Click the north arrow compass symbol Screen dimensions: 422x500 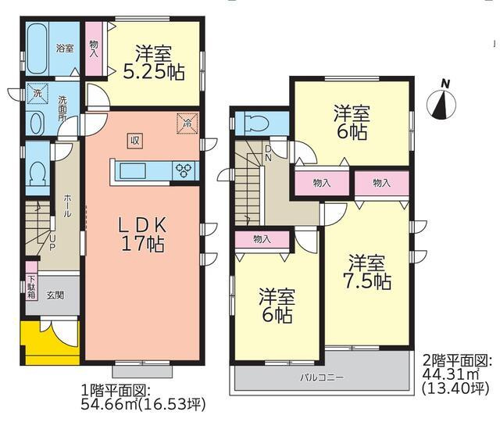tap(443, 102)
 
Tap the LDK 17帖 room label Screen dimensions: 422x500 tap(141, 234)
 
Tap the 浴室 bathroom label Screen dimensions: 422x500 tap(64, 48)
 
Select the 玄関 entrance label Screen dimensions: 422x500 tap(55, 295)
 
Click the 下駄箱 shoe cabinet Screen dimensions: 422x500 tap(31, 281)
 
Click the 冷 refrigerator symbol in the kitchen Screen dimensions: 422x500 tap(187, 122)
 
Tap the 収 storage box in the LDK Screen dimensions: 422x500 tap(135, 140)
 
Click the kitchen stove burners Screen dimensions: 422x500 tap(187, 170)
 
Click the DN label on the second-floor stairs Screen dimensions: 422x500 tap(268, 152)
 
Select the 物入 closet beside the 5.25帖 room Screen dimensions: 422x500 tap(95, 50)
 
